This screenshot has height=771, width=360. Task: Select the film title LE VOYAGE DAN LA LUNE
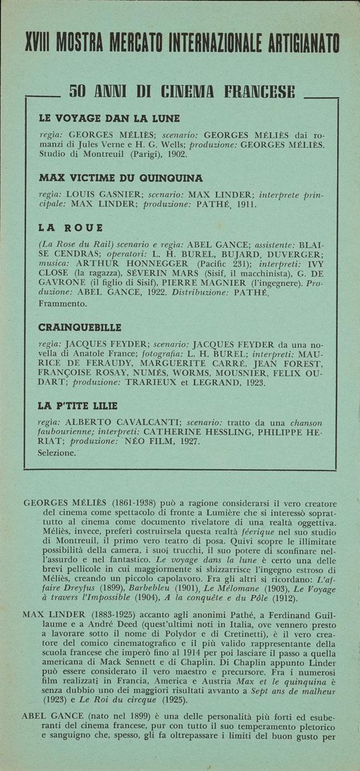109,118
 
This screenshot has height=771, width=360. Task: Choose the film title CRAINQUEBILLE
79,328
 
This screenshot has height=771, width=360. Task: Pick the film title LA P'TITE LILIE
78,405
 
